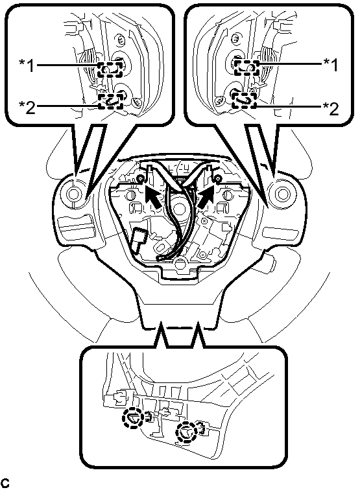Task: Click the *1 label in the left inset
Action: pyautogui.click(x=27, y=65)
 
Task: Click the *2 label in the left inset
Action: pyautogui.click(x=27, y=107)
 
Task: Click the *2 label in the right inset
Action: pyautogui.click(x=330, y=108)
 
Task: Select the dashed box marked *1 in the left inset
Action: pyautogui.click(x=110, y=69)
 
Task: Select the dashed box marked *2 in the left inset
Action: pyautogui.click(x=110, y=101)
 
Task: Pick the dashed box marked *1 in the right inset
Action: pyautogui.click(x=247, y=68)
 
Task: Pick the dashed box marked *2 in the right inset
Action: pyautogui.click(x=245, y=100)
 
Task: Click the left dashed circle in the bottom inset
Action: pyautogui.click(x=132, y=418)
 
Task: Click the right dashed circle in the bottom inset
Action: pyautogui.click(x=186, y=432)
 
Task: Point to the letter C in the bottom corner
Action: pyautogui.click(x=5, y=482)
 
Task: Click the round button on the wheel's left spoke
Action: pyautogui.click(x=73, y=194)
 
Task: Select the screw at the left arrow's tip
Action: pyautogui.click(x=141, y=178)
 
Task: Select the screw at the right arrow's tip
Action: pyautogui.click(x=218, y=178)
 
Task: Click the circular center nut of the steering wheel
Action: pyautogui.click(x=179, y=209)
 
